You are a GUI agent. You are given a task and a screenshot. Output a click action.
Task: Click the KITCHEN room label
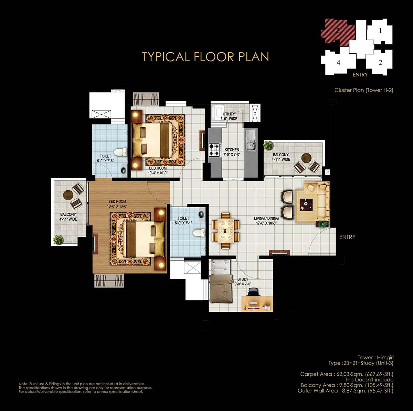232,150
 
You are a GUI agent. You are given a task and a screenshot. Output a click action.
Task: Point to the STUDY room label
243,280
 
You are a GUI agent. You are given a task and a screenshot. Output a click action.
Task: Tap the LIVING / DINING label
266,218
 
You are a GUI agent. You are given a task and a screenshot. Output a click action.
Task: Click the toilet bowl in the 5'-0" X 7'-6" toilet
120,152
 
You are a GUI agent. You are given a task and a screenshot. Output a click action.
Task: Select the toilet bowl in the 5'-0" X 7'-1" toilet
199,233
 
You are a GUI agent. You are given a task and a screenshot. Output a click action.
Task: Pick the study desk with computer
257,304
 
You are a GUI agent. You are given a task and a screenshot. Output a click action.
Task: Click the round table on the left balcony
68,195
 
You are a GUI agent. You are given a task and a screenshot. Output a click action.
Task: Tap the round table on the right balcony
307,158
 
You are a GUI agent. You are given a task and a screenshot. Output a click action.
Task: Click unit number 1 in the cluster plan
380,31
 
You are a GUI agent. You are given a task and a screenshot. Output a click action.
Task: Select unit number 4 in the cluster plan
338,62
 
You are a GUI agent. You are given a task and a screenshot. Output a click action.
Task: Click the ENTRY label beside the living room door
347,237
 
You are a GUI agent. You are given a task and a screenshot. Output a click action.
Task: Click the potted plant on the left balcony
58,240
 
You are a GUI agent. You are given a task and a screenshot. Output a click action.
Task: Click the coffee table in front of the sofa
306,205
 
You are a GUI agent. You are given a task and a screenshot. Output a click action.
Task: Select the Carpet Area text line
347,374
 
